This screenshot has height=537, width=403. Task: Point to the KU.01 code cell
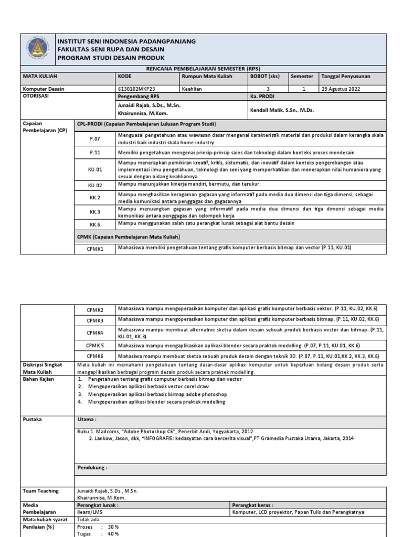[x=95, y=169]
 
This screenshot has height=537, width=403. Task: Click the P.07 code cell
[x=95, y=138]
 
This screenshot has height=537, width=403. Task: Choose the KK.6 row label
[x=95, y=224]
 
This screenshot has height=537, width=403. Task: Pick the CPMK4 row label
[x=96, y=332]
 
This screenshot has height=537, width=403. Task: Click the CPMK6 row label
[x=96, y=356]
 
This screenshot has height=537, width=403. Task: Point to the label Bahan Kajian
[x=38, y=379]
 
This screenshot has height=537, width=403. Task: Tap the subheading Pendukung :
[x=92, y=467]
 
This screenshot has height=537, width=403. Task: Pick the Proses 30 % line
[x=98, y=527]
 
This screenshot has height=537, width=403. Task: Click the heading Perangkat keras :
[x=253, y=505]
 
